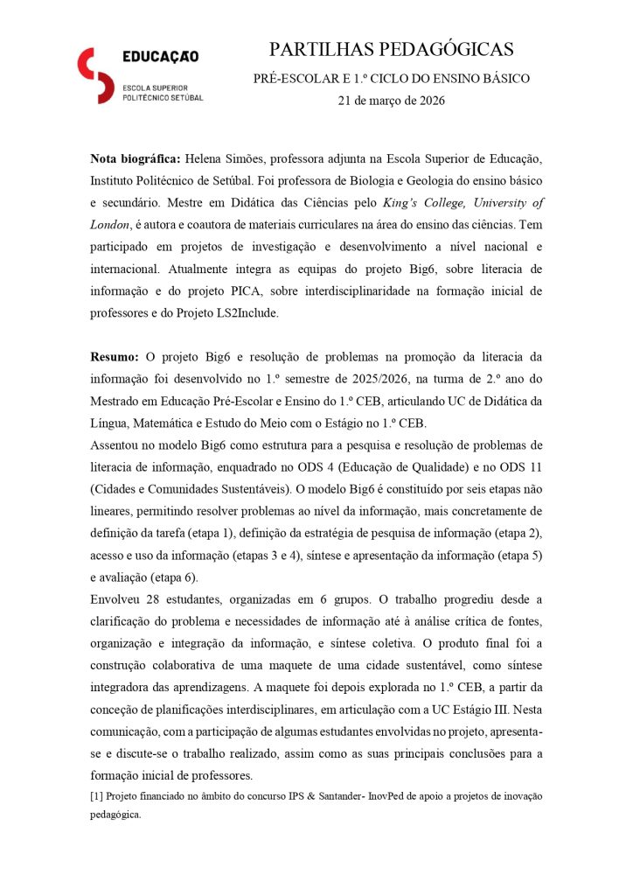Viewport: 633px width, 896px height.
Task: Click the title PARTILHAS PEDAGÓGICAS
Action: click(x=391, y=49)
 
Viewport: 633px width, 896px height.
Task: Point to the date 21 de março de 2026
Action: click(x=391, y=101)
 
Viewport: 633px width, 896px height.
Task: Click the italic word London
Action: click(x=109, y=224)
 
